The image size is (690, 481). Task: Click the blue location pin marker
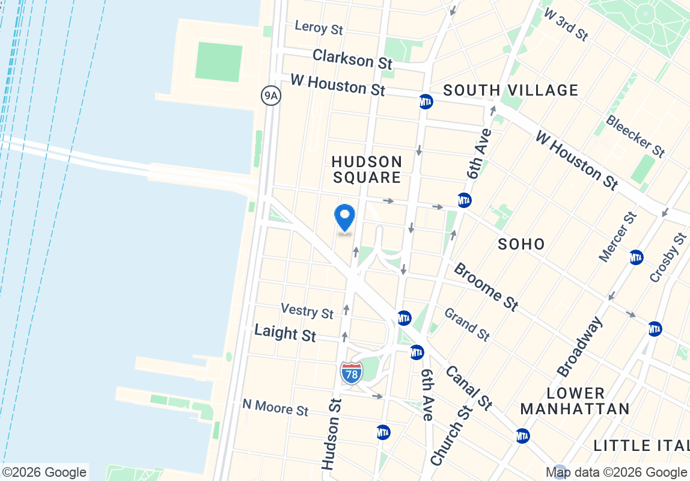(x=344, y=218)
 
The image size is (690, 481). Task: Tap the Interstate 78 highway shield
(x=352, y=373)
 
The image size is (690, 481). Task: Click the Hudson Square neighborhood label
(x=367, y=170)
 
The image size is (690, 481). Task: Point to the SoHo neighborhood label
(x=522, y=244)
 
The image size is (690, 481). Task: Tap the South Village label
(x=511, y=90)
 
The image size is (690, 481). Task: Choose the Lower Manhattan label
(x=575, y=401)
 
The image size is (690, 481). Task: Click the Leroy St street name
(x=319, y=27)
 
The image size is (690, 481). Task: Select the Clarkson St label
(x=352, y=59)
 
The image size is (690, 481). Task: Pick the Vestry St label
(x=307, y=311)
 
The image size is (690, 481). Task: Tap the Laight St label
(x=285, y=332)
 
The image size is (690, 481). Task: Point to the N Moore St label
(x=275, y=407)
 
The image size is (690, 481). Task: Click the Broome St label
(x=486, y=287)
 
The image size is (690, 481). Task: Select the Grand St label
(x=467, y=324)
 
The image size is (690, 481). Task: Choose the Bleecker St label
(x=636, y=136)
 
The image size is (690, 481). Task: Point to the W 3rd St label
(x=566, y=24)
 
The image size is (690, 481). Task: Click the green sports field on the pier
(x=219, y=62)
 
